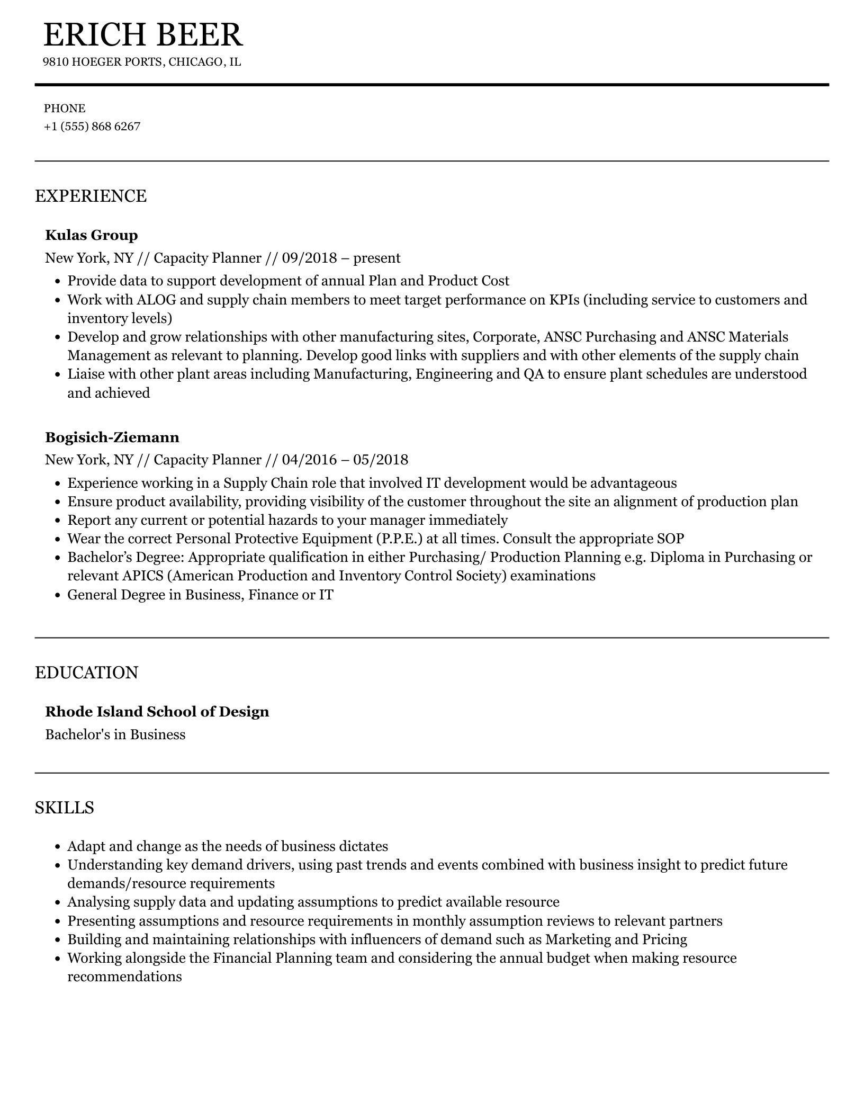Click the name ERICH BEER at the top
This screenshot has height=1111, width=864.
point(143,35)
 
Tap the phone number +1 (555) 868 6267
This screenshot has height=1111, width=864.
point(92,127)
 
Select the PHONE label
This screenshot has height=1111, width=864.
point(65,109)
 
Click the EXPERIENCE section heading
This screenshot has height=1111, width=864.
point(91,196)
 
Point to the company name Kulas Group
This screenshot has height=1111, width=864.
point(92,235)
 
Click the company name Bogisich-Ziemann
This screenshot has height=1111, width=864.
point(112,437)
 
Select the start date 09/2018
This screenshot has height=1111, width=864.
point(309,258)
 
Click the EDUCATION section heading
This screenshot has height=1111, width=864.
point(86,673)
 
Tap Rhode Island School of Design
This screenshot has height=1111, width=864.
point(157,712)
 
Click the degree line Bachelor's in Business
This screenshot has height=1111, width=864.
point(115,734)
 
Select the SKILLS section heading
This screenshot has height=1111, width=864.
point(65,808)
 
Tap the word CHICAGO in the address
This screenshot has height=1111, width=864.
point(196,62)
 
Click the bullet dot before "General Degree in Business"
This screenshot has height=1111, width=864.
point(58,595)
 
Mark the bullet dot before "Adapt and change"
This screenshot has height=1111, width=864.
point(58,847)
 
